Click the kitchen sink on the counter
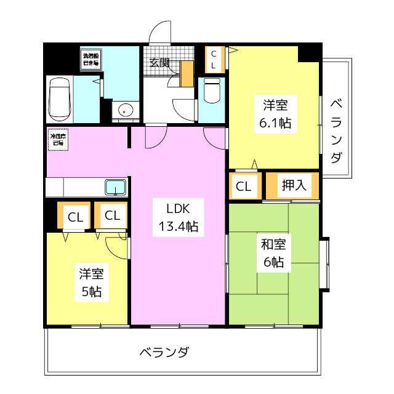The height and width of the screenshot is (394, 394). tap(116, 187)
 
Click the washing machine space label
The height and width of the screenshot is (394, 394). tap(91, 60)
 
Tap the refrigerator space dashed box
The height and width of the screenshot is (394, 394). tap(57, 139)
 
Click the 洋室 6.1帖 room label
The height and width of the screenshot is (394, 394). tap(275, 113)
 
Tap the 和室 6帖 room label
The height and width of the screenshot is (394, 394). tap(273, 252)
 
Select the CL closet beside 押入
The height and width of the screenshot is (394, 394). tap(244, 187)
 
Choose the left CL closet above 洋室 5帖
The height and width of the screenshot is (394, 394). tap(75, 216)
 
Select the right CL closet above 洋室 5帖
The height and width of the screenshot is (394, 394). tap(112, 215)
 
